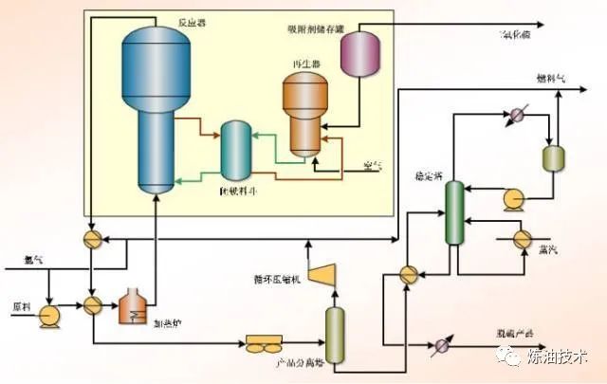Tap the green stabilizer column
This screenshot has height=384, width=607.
454,214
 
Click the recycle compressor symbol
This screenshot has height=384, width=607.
326,273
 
